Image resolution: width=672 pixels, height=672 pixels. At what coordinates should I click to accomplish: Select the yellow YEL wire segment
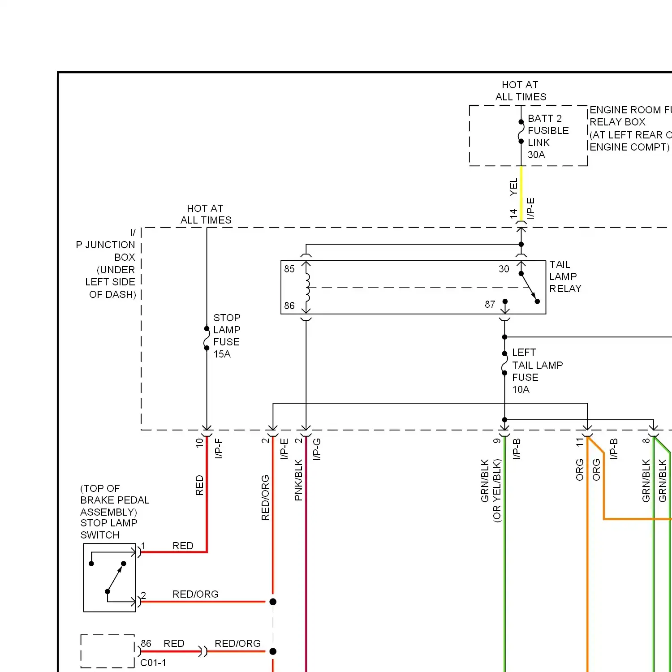click(521, 193)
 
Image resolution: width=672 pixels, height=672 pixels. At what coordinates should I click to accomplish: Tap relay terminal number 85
click(289, 269)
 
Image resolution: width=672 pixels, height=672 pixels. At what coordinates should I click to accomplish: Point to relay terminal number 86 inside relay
click(289, 306)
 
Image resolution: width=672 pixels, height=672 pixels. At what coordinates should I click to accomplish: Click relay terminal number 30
click(504, 269)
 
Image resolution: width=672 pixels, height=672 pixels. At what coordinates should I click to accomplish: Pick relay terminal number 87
click(490, 305)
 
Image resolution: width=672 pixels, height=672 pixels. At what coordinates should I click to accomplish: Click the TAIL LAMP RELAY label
click(565, 276)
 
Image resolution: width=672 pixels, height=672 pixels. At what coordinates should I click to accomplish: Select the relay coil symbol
click(307, 287)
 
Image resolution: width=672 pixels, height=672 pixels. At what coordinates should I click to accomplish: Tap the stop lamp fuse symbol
click(207, 338)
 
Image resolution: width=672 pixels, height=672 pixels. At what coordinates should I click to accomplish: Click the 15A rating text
click(222, 354)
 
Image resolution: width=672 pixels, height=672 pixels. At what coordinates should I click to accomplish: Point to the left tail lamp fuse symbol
click(504, 363)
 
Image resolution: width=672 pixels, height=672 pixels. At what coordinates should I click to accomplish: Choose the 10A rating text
click(521, 389)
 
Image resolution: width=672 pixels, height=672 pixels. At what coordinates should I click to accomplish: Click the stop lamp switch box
click(109, 577)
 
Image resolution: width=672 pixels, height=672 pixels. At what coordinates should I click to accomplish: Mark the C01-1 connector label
click(153, 663)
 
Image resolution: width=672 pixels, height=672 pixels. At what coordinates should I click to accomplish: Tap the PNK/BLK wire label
click(299, 480)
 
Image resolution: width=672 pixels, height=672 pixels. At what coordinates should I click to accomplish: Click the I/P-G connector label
click(317, 449)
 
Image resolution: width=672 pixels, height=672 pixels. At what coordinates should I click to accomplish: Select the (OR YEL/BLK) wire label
click(497, 491)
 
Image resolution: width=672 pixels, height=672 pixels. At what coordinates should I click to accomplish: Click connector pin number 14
click(513, 214)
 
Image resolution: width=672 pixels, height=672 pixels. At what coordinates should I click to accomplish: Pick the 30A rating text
click(536, 155)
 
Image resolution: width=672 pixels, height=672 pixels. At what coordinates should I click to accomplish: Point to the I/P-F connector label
click(219, 448)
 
